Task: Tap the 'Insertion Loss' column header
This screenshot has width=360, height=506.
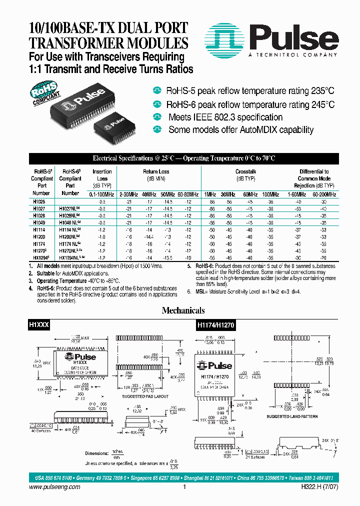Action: tap(102, 174)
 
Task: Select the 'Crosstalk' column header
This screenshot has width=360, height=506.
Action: tap(245, 171)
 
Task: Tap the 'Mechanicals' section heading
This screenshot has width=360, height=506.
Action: tap(183, 310)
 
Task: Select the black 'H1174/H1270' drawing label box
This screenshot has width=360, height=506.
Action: tap(215, 324)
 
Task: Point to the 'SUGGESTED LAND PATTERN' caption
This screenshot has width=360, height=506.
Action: tap(291, 416)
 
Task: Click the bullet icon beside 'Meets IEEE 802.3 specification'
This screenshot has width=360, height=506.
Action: tap(158, 117)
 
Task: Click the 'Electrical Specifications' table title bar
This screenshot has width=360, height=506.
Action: tap(183, 158)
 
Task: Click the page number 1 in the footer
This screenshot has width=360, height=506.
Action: tap(184, 487)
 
